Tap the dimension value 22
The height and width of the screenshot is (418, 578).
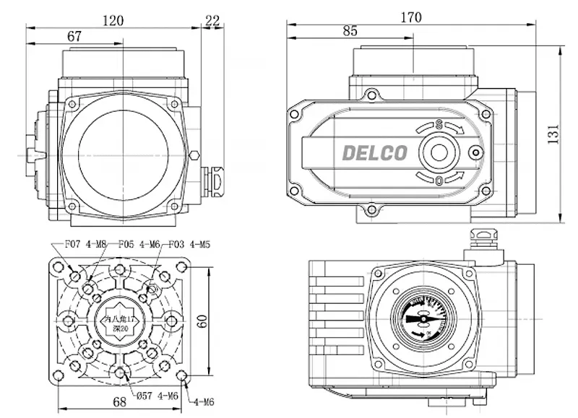(212, 20)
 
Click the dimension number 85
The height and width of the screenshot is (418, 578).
(350, 31)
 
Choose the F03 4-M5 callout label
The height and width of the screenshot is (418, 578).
(190, 244)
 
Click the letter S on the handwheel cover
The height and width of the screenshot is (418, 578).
(439, 125)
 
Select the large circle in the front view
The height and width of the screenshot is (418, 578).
(124, 152)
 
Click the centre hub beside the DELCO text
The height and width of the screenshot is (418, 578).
(439, 152)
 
